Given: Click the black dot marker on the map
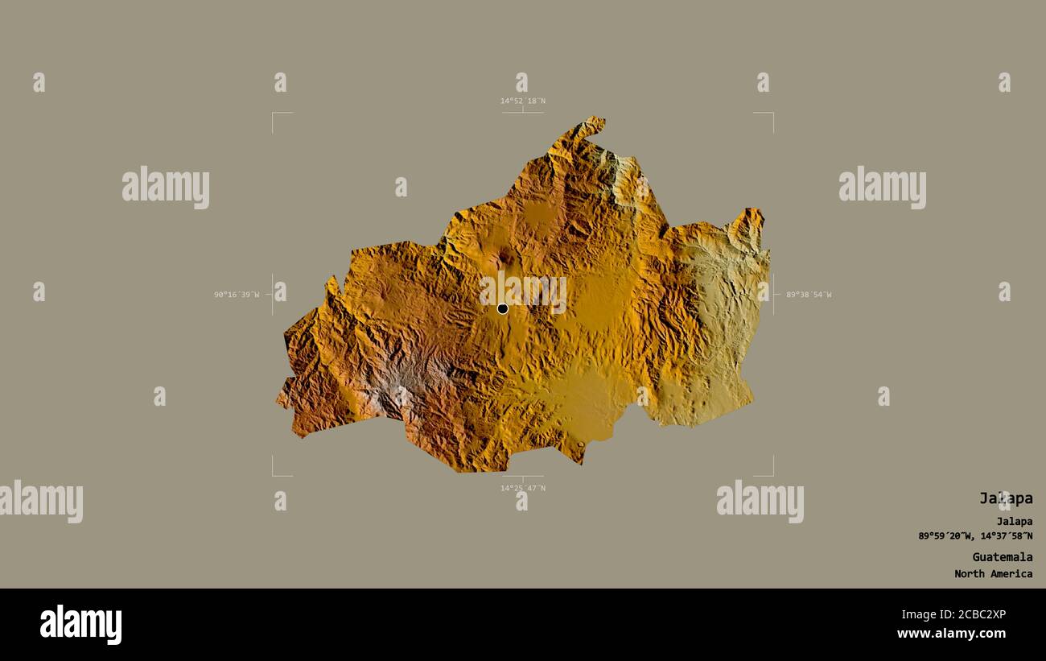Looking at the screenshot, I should [x=503, y=308].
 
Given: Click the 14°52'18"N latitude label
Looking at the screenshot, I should [x=523, y=101].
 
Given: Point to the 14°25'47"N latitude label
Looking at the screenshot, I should [x=523, y=488].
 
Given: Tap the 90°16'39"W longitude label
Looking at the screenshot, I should [x=237, y=295].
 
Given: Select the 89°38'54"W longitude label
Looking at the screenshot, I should [x=809, y=295].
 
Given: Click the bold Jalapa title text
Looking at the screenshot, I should [x=1005, y=498].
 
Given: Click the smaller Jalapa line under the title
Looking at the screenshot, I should [x=1014, y=521].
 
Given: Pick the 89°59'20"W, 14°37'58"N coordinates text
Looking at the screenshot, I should [x=975, y=536].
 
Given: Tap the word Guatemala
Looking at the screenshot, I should [x=1002, y=557].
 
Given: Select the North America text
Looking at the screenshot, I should [x=993, y=574].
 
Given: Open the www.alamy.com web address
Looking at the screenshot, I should [x=951, y=634].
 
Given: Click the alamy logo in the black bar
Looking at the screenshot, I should [x=80, y=625].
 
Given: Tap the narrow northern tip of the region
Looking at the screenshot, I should [x=592, y=124].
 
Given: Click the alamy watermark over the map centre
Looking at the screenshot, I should [x=523, y=291].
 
